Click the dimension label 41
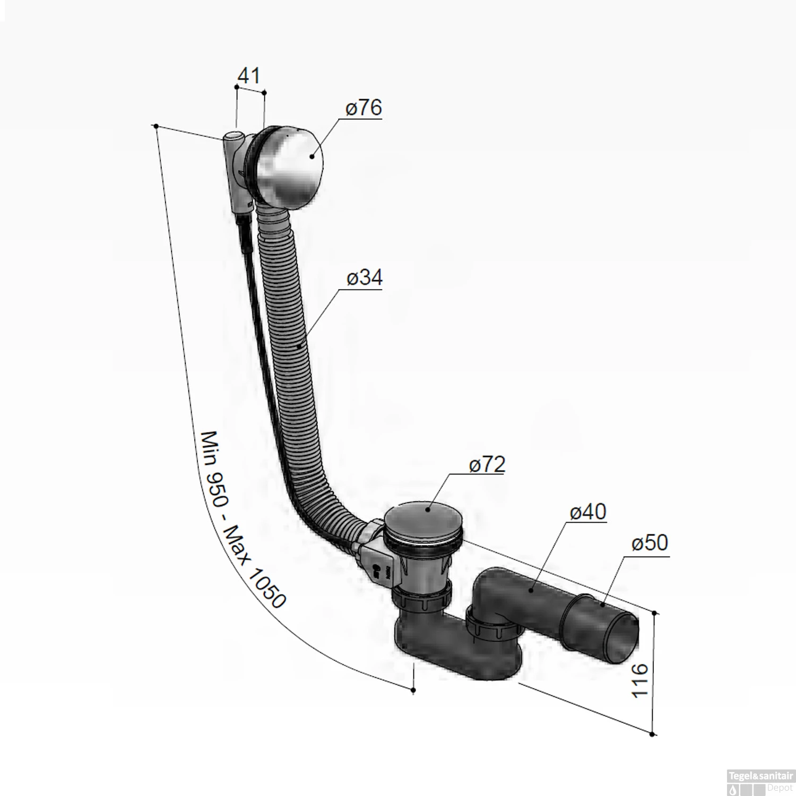pyautogui.click(x=249, y=75)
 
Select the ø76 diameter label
pyautogui.click(x=364, y=108)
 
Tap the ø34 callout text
pyautogui.click(x=365, y=278)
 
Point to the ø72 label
pyautogui.click(x=487, y=464)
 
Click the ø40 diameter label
pyautogui.click(x=588, y=512)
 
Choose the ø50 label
pyautogui.click(x=650, y=543)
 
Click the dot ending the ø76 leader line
pyautogui.click(x=312, y=156)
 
